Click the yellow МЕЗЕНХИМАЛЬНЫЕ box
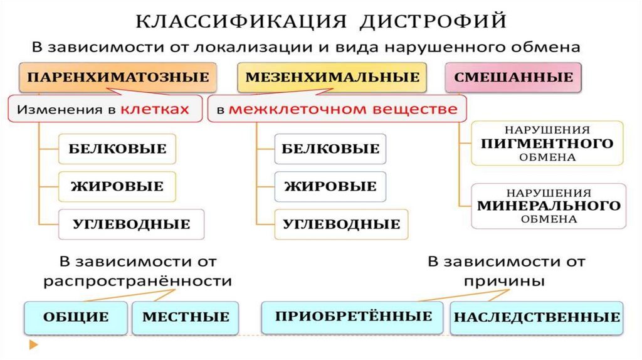click(332, 78)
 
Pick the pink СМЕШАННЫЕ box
click(513, 78)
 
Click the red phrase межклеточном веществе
click(342, 109)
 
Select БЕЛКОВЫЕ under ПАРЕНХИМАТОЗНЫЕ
click(117, 149)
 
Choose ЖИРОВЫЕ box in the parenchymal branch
click(117, 186)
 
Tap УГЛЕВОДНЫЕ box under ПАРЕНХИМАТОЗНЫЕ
click(132, 224)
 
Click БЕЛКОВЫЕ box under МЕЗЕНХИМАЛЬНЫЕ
click(330, 149)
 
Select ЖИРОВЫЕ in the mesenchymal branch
click(330, 186)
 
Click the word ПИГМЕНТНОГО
click(547, 144)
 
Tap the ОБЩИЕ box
click(76, 317)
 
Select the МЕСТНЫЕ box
click(186, 317)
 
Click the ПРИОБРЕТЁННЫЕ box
click(354, 315)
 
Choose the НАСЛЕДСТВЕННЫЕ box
click(537, 317)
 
